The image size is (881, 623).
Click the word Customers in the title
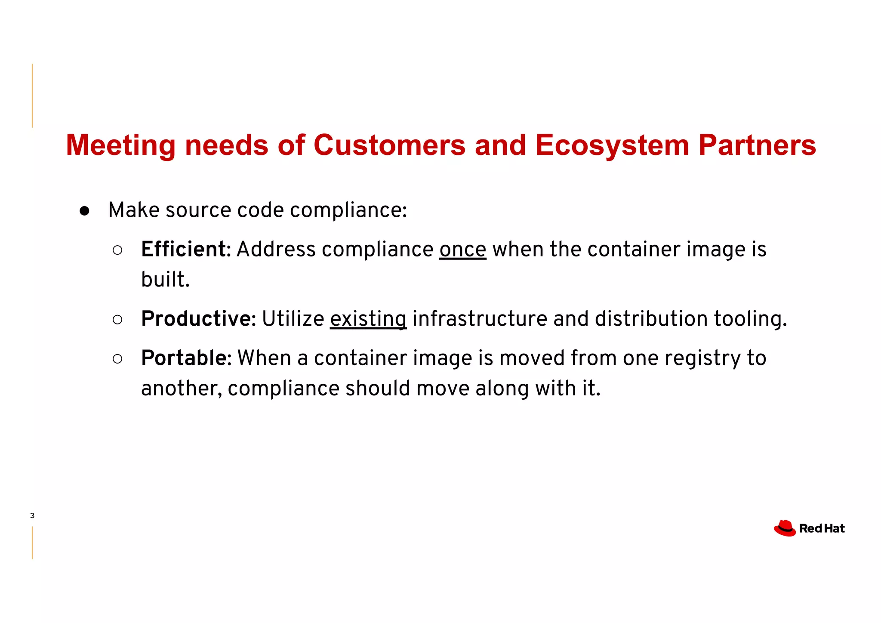pyautogui.click(x=389, y=145)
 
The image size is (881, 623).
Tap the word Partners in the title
pyautogui.click(x=757, y=145)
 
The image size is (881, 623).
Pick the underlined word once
pyautogui.click(x=462, y=250)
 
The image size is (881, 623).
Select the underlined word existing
pyautogui.click(x=368, y=320)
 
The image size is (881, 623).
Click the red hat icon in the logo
pyautogui.click(x=785, y=528)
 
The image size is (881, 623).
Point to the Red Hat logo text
pyautogui.click(x=822, y=528)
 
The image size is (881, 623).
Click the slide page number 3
pyautogui.click(x=32, y=515)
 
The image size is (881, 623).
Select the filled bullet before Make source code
pyautogui.click(x=84, y=211)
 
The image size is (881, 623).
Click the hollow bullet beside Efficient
pyautogui.click(x=117, y=250)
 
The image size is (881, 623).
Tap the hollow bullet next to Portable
pyautogui.click(x=117, y=359)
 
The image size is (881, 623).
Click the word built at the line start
pyautogui.click(x=165, y=280)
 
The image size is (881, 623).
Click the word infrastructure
pyautogui.click(x=480, y=319)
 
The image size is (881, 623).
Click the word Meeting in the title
pyautogui.click(x=121, y=145)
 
